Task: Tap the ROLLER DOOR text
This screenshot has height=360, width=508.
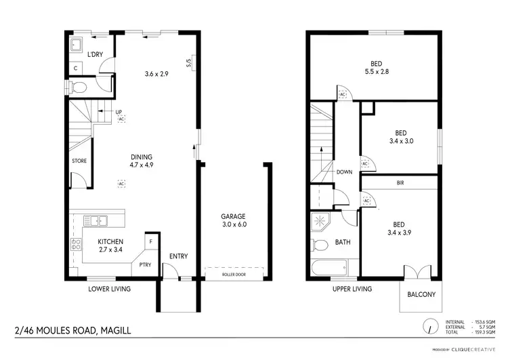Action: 233,275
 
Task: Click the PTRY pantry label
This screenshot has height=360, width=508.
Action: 145,264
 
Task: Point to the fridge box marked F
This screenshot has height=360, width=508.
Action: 150,241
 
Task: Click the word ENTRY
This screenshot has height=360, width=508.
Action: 179,256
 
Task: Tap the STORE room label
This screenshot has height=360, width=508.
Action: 79,161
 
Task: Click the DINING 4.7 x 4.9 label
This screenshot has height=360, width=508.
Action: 142,160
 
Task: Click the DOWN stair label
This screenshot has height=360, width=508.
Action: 344,172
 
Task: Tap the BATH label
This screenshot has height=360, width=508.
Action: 343,242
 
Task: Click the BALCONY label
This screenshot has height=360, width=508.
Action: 421,295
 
